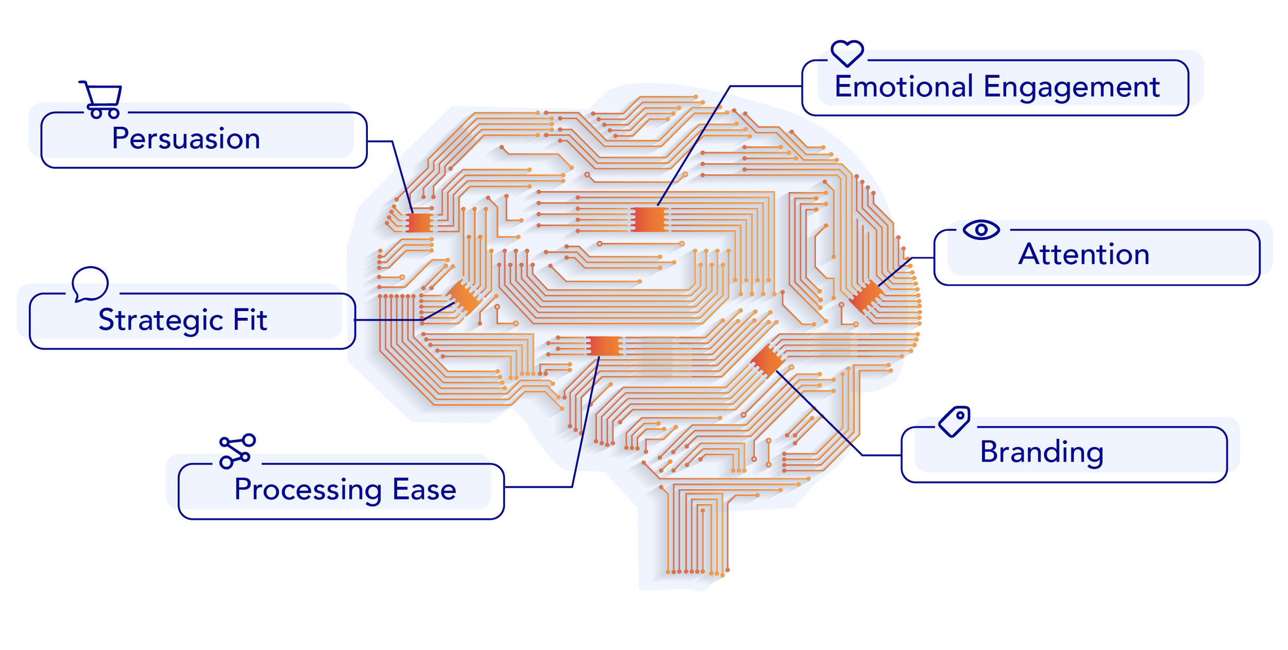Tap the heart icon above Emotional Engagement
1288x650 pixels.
pyautogui.click(x=847, y=53)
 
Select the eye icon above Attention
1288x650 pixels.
pyautogui.click(x=981, y=230)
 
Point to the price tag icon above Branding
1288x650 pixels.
pyautogui.click(x=954, y=422)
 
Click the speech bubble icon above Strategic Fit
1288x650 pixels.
pyautogui.click(x=90, y=283)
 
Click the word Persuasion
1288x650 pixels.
pyautogui.click(x=186, y=139)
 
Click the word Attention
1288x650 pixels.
pyautogui.click(x=1084, y=254)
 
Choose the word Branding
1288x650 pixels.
pyautogui.click(x=1042, y=452)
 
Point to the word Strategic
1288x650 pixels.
pyautogui.click(x=161, y=320)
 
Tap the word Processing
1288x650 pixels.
pyautogui.click(x=308, y=490)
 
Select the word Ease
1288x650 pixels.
pyautogui.click(x=425, y=489)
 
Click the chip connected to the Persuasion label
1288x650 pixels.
pyautogui.click(x=419, y=223)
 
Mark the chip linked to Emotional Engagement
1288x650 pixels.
pyautogui.click(x=649, y=219)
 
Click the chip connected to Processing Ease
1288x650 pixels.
pyautogui.click(x=603, y=346)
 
